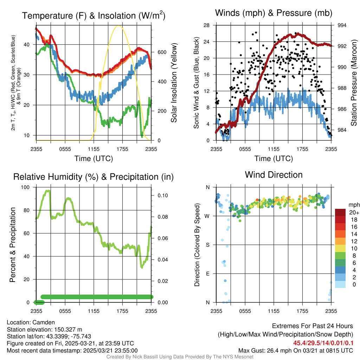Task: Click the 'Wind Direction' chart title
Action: [x=274, y=175]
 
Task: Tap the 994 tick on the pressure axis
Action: [x=342, y=25]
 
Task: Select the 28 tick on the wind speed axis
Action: [x=207, y=25]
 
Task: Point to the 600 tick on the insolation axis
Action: [x=162, y=52]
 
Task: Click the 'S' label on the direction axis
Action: [x=207, y=245]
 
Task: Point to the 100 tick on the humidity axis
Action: [x=26, y=187]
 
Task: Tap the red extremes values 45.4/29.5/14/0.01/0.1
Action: [x=323, y=343]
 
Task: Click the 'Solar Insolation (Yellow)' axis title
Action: [x=174, y=83]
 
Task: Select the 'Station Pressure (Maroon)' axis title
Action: [x=354, y=83]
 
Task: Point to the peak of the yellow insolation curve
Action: [x=118, y=26]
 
